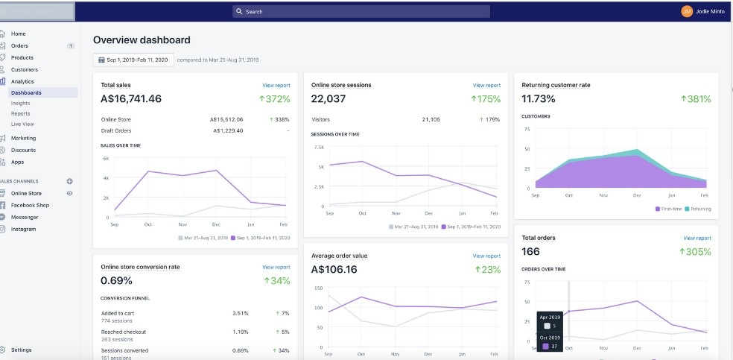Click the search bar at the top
point(361,11)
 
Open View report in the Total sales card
point(276,86)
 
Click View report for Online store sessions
point(486,86)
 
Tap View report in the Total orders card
point(696,239)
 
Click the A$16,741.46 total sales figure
point(131,98)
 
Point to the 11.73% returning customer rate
point(539,98)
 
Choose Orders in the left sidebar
point(19,45)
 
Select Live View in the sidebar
point(22,124)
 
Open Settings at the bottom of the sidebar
point(21,350)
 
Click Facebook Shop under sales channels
point(30,205)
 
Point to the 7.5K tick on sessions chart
point(318,147)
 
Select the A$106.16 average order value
point(334,269)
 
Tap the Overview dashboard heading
point(142,40)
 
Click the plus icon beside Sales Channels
point(69,181)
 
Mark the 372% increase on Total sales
point(274,99)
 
